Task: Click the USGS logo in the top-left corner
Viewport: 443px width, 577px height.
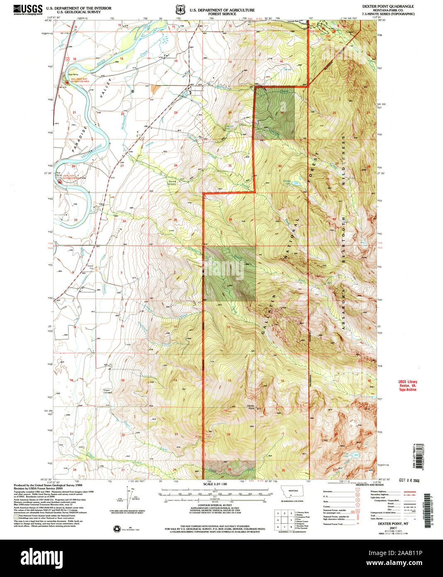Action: (x=28, y=9)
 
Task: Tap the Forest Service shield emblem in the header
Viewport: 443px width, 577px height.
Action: (x=180, y=9)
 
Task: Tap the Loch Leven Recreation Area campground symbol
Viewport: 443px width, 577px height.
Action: (x=61, y=181)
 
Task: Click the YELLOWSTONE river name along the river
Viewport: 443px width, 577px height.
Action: (x=90, y=151)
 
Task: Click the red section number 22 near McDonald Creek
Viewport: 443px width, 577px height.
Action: (x=122, y=113)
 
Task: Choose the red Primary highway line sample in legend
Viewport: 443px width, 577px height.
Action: (x=398, y=491)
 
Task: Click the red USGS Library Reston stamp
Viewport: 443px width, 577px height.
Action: (x=408, y=386)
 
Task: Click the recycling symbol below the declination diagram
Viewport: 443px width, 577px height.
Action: (x=116, y=528)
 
